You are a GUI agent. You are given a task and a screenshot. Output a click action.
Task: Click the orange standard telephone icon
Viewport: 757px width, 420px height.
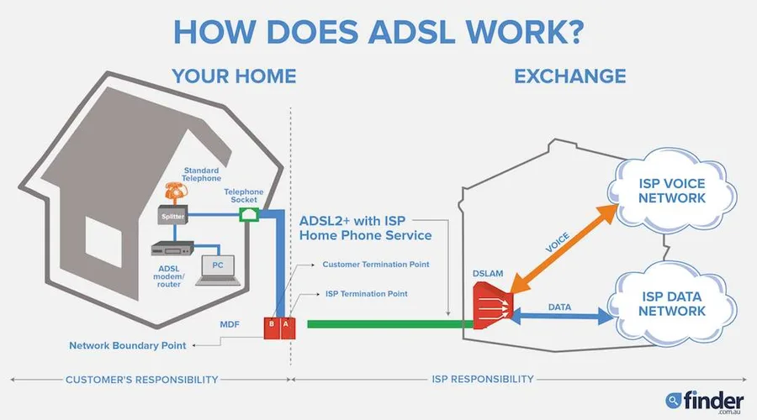click(175, 192)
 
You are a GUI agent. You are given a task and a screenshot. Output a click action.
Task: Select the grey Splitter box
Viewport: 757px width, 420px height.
click(172, 216)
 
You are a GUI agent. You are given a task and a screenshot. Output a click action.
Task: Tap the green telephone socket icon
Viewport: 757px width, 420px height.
click(248, 216)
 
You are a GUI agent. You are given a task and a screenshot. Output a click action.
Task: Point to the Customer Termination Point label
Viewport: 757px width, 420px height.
click(375, 265)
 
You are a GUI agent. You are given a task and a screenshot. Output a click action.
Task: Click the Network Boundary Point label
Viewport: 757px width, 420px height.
click(127, 345)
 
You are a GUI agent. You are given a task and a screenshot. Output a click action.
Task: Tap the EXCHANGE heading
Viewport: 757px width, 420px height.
click(569, 76)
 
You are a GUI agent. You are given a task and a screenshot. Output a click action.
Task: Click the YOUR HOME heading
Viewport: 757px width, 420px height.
click(234, 76)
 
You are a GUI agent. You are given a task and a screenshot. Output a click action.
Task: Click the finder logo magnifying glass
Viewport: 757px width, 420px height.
click(673, 400)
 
